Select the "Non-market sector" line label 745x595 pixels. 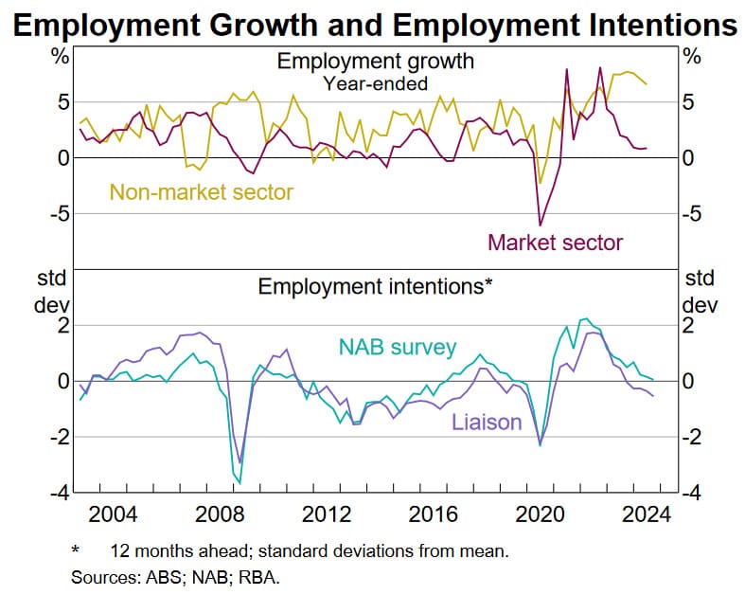[x=202, y=192]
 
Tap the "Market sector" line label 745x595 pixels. [x=556, y=242]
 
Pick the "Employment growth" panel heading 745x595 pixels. [x=375, y=63]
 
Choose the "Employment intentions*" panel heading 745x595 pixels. [x=376, y=286]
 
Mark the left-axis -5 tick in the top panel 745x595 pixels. [x=59, y=214]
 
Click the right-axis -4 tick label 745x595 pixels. [x=693, y=494]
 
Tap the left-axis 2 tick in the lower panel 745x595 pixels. [x=63, y=326]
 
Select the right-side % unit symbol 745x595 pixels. [x=692, y=57]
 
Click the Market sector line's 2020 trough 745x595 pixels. [x=541, y=225]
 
